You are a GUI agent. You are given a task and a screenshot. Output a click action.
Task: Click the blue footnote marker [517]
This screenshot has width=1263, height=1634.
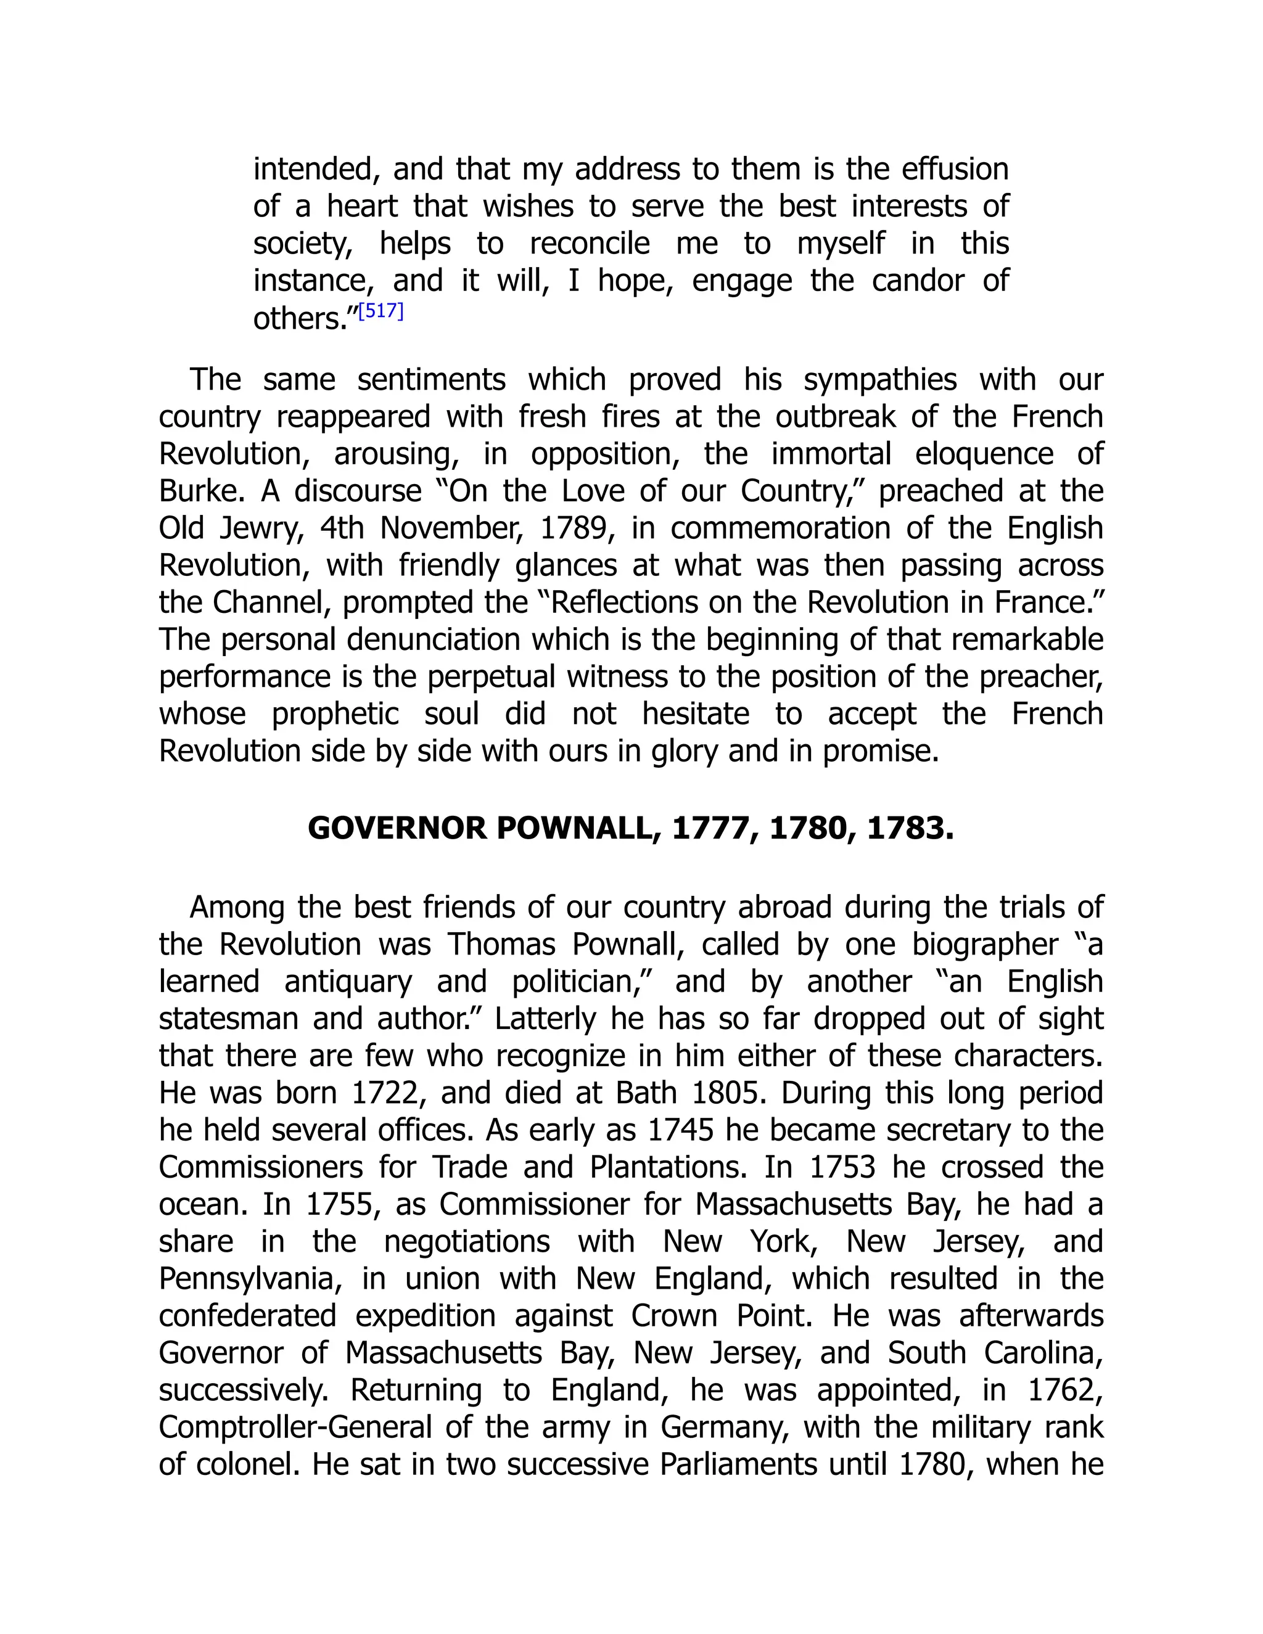coord(381,311)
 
